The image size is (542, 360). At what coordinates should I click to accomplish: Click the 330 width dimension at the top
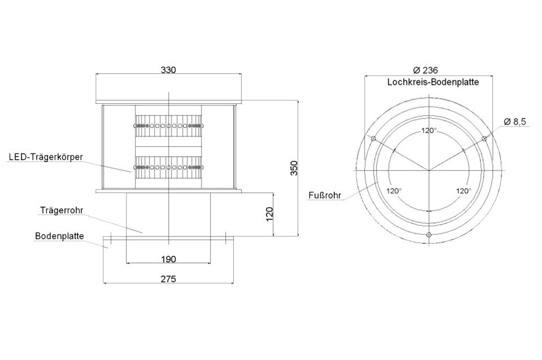point(168,70)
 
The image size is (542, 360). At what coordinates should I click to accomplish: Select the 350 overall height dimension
point(294,168)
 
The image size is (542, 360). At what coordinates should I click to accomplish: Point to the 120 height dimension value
point(270,214)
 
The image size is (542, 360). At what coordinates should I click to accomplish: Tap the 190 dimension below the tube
point(168,259)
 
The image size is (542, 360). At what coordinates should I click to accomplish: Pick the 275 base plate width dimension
point(168,279)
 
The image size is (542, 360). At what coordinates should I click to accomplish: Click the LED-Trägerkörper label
point(46,157)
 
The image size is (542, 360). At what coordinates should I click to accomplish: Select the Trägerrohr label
point(62,210)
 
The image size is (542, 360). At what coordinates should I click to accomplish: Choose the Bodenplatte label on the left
point(59,236)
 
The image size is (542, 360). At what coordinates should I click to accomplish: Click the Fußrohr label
point(325,196)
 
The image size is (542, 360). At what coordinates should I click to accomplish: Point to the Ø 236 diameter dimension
point(426,70)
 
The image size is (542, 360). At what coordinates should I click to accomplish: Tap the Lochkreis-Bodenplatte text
point(433,82)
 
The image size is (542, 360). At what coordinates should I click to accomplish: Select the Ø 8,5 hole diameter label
point(515,122)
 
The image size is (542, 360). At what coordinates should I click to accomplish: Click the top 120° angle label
point(429,130)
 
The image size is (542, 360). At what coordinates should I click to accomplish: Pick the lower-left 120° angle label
point(394,191)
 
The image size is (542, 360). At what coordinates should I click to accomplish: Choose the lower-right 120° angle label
point(464,191)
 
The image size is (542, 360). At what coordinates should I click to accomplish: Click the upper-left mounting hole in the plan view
point(373,139)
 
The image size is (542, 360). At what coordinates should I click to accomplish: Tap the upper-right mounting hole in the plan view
point(484,139)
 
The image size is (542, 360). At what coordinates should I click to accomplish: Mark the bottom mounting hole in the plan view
point(429,235)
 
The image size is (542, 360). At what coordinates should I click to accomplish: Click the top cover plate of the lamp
point(168,102)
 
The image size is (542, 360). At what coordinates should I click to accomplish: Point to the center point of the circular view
point(429,170)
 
